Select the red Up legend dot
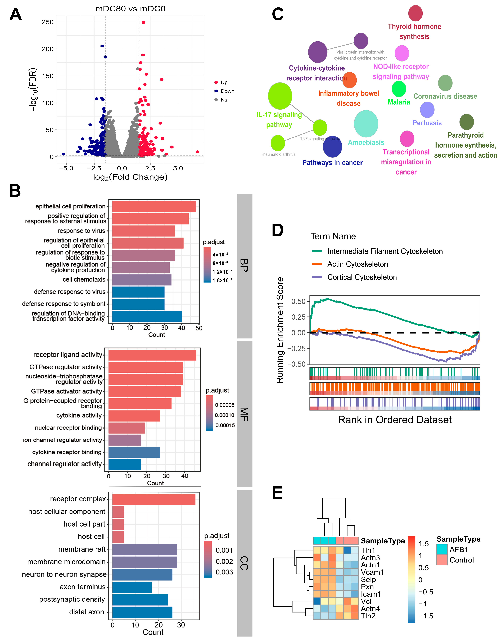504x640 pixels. tap(216, 82)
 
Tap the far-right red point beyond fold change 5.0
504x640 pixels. tap(197, 152)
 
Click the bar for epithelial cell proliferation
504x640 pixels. tap(154, 206)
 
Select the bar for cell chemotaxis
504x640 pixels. tap(142, 280)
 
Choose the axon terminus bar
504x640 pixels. tap(132, 587)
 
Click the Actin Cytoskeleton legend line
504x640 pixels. tap(317, 264)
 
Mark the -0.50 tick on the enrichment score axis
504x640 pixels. tap(298, 364)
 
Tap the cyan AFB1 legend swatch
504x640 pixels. tap(442, 549)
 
